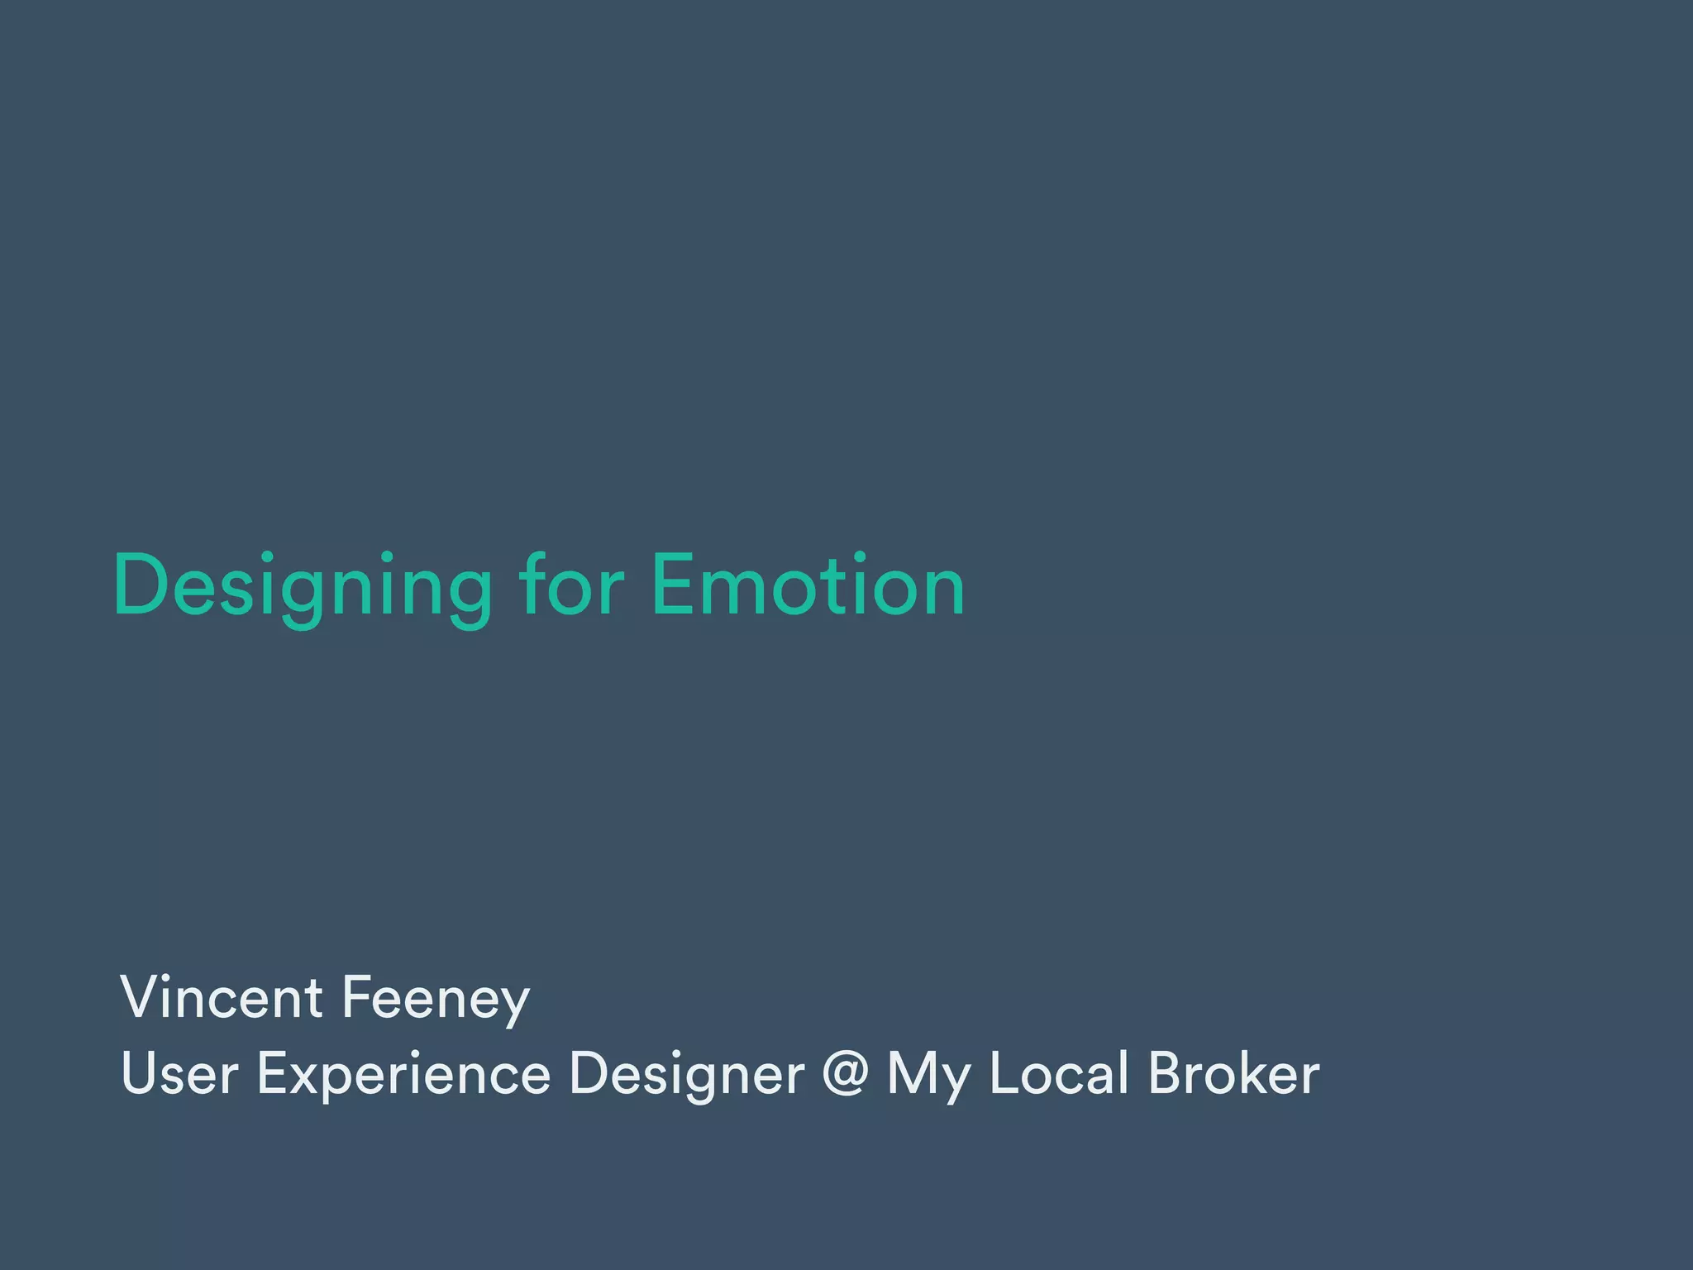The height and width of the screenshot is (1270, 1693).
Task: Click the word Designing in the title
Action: pyautogui.click(x=303, y=586)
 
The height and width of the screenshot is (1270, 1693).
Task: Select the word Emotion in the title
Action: pyautogui.click(x=808, y=585)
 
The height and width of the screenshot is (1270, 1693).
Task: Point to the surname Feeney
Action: pyautogui.click(x=435, y=999)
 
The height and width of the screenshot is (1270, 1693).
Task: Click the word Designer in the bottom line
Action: pyautogui.click(x=686, y=1073)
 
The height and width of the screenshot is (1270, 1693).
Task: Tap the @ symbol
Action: pyautogui.click(x=845, y=1073)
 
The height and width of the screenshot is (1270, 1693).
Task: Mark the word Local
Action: pyautogui.click(x=1059, y=1073)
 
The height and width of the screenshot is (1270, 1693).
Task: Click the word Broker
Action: pyautogui.click(x=1233, y=1073)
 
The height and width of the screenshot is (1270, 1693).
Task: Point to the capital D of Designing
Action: pyautogui.click(x=142, y=585)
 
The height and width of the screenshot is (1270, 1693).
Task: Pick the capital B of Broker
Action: pyautogui.click(x=1166, y=1073)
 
